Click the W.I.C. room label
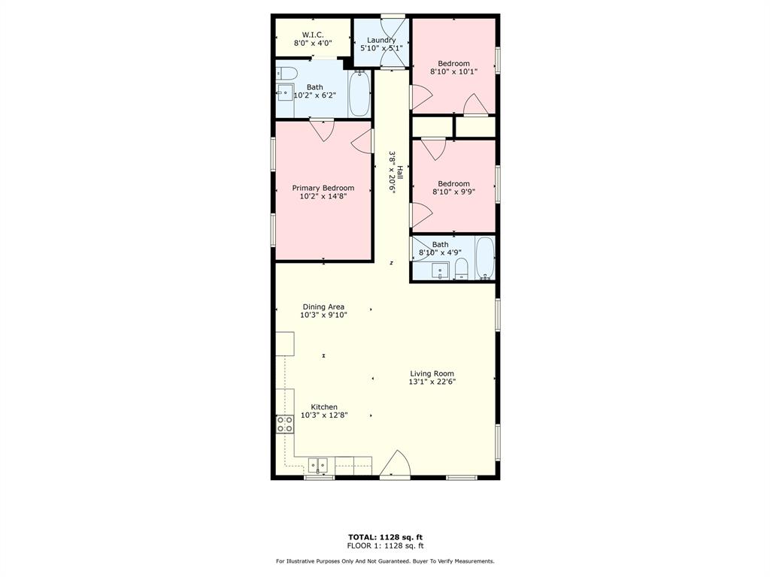pos(312,35)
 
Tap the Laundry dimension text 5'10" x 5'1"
pos(381,48)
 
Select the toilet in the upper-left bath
pos(286,73)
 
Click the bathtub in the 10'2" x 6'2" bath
pos(359,93)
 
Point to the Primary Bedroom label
pos(323,188)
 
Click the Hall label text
pos(400,179)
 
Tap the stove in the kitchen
pos(285,424)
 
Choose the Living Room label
pos(432,373)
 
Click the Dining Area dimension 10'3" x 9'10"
pos(323,315)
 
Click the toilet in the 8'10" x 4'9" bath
pos(462,268)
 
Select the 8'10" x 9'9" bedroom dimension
pos(453,192)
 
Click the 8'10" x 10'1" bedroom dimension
pos(453,71)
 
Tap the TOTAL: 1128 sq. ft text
pos(384,536)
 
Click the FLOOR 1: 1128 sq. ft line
pos(385,545)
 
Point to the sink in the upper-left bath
pos(285,93)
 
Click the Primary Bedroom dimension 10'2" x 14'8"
pos(323,196)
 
